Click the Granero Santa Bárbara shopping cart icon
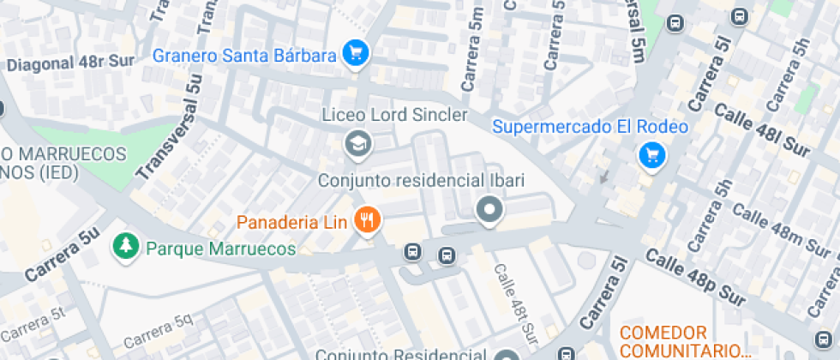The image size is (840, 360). coord(355,54)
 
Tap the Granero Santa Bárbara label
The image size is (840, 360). coord(243,56)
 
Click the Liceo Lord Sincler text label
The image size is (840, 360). coord(394,115)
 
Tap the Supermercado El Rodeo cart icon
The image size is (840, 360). coord(653,155)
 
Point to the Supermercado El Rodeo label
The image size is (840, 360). coord(591,127)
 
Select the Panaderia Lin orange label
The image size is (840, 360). coord(291,223)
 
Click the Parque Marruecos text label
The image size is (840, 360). coord(221,249)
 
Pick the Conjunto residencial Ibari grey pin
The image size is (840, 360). coord(489,209)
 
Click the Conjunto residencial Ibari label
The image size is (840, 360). coord(421,181)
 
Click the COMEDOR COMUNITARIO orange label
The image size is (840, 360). coord(684,341)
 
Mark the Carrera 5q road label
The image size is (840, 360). coord(159,332)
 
